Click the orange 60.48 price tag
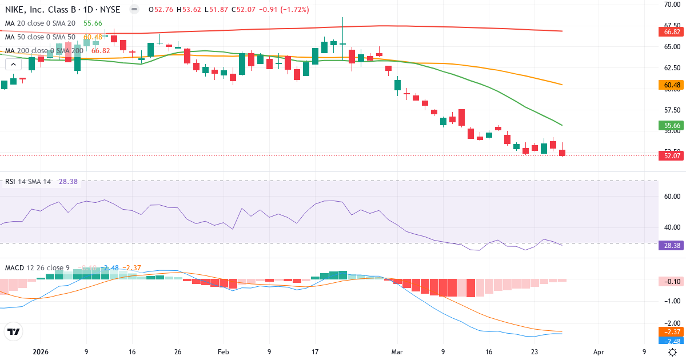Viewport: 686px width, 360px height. click(x=672, y=85)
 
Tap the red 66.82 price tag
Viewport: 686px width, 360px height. click(x=672, y=31)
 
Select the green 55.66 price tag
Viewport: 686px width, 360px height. click(x=672, y=126)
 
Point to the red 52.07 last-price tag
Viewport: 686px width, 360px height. click(x=672, y=155)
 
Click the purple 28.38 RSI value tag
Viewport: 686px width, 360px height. click(x=672, y=245)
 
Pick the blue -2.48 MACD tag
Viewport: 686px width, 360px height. click(x=672, y=341)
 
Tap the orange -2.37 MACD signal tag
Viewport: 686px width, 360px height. click(x=672, y=332)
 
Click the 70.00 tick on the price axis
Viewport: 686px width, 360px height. click(x=671, y=5)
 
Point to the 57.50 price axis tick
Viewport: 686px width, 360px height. click(x=671, y=110)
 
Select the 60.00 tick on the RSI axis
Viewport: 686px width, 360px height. click(x=671, y=197)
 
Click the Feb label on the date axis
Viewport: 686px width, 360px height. click(x=224, y=352)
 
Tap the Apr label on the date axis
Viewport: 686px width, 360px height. click(x=599, y=352)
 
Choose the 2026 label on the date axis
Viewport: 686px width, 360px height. click(x=41, y=352)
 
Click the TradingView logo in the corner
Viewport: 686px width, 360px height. click(x=14, y=331)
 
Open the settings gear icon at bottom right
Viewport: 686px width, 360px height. click(x=673, y=352)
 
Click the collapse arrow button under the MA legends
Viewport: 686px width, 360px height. click(x=13, y=65)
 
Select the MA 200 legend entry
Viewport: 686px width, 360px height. click(x=43, y=51)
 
